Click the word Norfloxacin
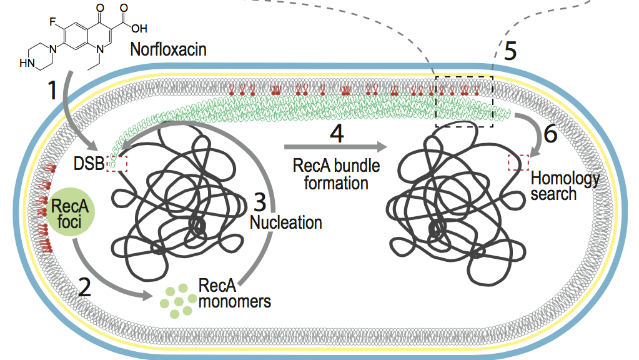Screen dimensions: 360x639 [168, 50]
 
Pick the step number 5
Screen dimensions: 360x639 [510, 51]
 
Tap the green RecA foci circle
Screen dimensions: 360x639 [70, 212]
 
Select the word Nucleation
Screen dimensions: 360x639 [285, 221]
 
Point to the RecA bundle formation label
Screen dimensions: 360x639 [336, 174]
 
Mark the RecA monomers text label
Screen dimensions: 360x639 [234, 294]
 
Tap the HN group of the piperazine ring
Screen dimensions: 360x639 [26, 63]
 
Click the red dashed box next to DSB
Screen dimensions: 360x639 [117, 163]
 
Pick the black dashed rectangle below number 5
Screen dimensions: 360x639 [464, 102]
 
